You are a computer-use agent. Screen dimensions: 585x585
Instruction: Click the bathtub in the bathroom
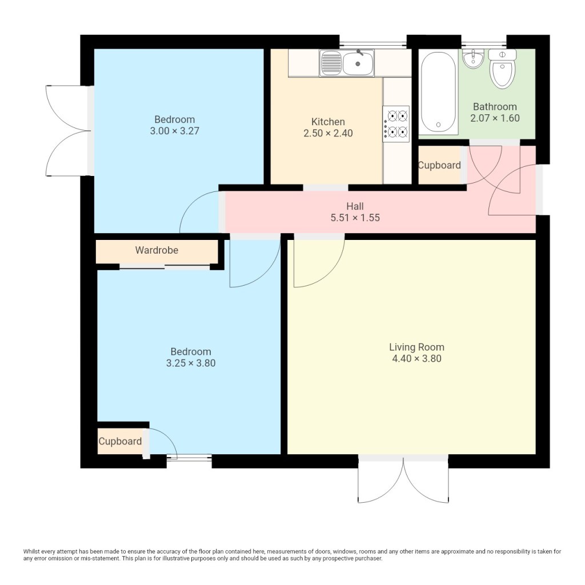pos(438,92)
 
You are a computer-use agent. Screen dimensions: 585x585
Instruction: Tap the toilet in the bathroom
pos(502,69)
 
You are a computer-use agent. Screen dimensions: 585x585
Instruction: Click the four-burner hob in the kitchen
pos(396,124)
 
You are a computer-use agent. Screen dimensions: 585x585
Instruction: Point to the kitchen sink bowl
pos(358,63)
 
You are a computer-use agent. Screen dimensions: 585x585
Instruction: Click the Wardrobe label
pos(157,250)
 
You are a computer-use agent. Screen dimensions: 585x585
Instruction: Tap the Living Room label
pos(416,347)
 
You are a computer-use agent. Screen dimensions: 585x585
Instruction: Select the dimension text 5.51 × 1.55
pos(355,218)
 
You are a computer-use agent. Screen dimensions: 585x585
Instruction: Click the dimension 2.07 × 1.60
pos(495,118)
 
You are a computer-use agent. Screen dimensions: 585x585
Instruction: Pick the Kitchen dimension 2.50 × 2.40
pos(328,133)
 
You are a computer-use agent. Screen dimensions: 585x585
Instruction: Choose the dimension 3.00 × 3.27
pos(175,131)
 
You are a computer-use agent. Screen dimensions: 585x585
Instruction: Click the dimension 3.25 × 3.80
pos(191,363)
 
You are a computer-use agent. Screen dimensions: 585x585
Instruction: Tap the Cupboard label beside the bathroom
pos(439,165)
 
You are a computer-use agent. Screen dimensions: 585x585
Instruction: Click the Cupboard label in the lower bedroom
pos(120,441)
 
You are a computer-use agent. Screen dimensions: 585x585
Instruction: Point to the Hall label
pos(355,206)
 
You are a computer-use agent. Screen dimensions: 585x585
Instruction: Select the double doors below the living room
pos(403,479)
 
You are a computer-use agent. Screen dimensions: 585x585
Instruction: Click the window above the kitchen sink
pos(373,43)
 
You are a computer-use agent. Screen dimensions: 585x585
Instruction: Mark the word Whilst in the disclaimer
pos(31,551)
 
